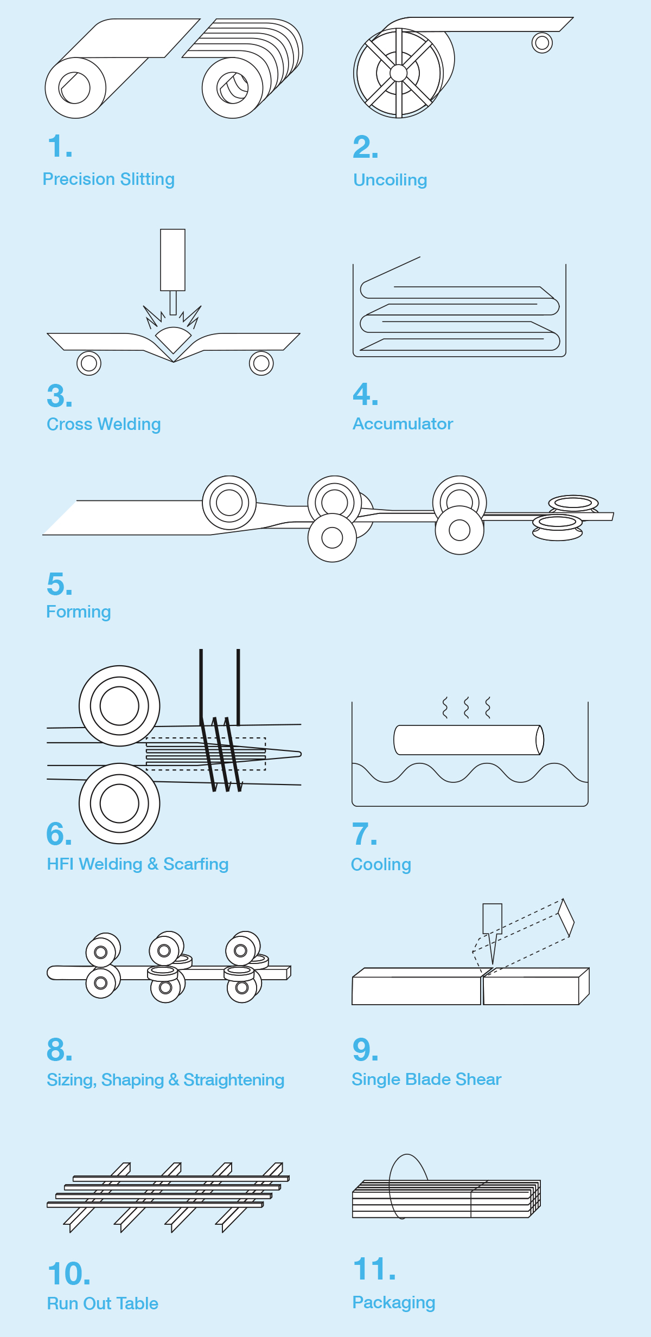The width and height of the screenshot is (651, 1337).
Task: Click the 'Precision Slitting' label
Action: (x=108, y=179)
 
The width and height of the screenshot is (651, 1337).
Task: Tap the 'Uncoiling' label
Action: (x=390, y=180)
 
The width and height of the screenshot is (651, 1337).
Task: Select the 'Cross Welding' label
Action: (x=104, y=424)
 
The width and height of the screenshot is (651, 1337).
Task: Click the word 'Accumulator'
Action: (x=403, y=423)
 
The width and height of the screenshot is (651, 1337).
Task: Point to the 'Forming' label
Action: (x=79, y=612)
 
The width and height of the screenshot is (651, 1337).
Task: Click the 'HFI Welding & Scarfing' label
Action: (x=138, y=864)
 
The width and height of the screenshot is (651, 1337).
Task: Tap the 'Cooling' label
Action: (x=381, y=864)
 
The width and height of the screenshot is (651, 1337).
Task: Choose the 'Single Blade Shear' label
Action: (x=426, y=1079)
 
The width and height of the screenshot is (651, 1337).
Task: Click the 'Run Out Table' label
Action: (x=103, y=1303)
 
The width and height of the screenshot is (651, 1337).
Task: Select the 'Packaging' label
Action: (x=394, y=1302)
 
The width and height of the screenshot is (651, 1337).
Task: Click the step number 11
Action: (x=374, y=1269)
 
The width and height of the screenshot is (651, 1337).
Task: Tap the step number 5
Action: (x=60, y=584)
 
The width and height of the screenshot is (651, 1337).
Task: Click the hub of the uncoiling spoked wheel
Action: (x=398, y=73)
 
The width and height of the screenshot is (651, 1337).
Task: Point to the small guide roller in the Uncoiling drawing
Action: (x=542, y=42)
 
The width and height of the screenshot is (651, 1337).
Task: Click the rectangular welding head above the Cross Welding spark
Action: (x=173, y=260)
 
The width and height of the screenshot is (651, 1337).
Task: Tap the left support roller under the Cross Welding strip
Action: (x=89, y=363)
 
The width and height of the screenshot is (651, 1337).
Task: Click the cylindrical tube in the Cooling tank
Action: (x=469, y=740)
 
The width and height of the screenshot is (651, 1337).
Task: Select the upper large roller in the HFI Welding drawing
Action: (x=119, y=706)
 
